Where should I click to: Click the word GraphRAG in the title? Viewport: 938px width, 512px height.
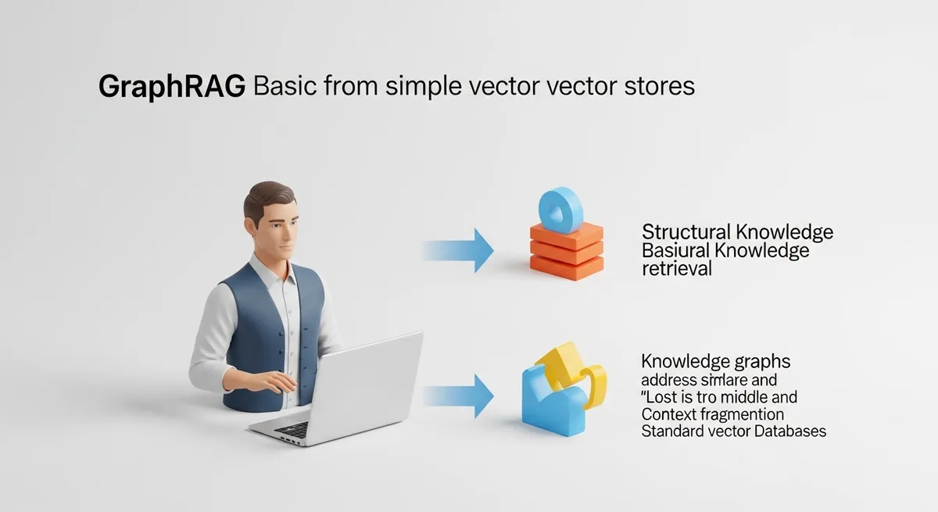pyautogui.click(x=173, y=87)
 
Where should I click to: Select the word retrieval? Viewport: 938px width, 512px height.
pyautogui.click(x=676, y=269)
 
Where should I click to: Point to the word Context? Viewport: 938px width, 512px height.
pyautogui.click(x=670, y=414)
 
